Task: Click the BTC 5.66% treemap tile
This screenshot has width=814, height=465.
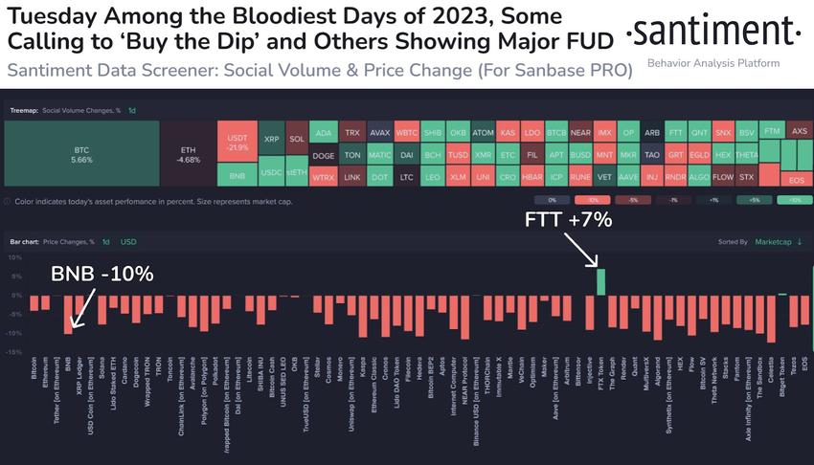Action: [81, 156]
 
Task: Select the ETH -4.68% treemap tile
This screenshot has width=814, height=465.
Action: [188, 156]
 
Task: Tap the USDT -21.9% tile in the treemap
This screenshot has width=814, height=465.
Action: [237, 142]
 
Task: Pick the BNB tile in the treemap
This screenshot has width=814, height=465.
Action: [237, 176]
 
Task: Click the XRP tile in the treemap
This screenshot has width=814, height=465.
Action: [272, 139]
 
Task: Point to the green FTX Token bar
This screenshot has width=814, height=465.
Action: [600, 282]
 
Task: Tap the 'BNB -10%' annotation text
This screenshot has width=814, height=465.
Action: [102, 277]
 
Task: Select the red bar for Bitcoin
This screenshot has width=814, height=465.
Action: [34, 302]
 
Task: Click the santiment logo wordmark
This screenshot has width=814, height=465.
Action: [713, 32]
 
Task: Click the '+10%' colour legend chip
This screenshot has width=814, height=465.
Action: [794, 201]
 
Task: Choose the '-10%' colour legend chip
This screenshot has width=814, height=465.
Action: [592, 201]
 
